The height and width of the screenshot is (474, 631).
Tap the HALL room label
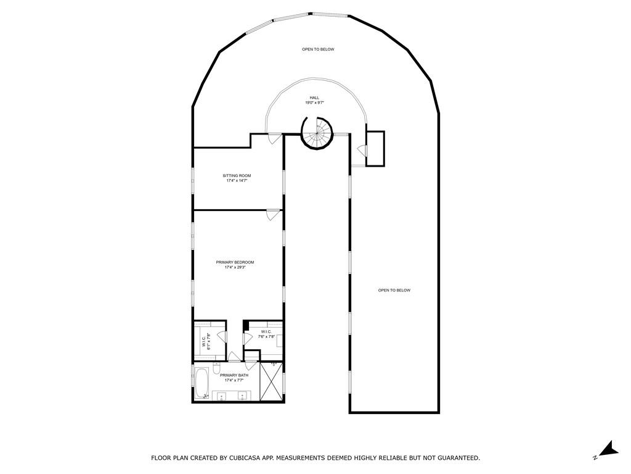click(315, 98)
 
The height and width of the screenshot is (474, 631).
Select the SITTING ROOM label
click(237, 176)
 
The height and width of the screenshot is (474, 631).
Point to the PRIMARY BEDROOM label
click(235, 262)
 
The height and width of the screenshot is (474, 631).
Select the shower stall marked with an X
click(271, 381)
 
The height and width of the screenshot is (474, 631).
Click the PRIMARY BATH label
click(234, 375)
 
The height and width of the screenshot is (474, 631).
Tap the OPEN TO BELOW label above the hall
click(318, 49)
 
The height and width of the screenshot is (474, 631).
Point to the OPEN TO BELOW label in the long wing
click(394, 290)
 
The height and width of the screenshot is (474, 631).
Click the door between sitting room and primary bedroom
click(273, 214)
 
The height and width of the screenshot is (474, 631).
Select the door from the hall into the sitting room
click(274, 138)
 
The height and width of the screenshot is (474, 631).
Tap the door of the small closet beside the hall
click(362, 151)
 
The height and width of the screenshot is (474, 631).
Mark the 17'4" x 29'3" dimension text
click(235, 267)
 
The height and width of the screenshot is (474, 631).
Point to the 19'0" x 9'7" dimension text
click(315, 103)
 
